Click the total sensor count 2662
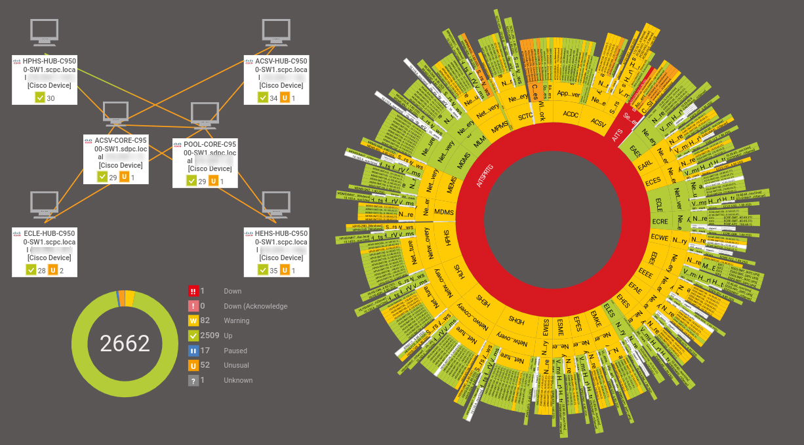[x=125, y=343]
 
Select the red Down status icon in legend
[x=193, y=291]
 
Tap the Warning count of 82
[x=205, y=320]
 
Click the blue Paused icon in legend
[x=193, y=351]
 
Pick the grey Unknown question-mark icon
[x=193, y=380]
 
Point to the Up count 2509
[x=210, y=336]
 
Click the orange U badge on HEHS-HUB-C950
[x=284, y=270]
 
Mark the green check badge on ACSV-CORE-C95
[x=102, y=177]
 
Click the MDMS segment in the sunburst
[x=444, y=212]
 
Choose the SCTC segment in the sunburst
[x=526, y=117]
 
